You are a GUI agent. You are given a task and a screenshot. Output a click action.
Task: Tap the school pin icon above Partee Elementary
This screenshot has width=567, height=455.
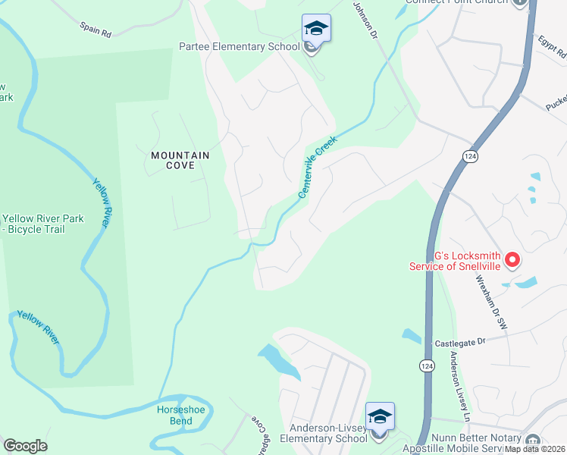316,30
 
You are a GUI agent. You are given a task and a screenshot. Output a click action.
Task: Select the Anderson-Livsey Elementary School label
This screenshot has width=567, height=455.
324,433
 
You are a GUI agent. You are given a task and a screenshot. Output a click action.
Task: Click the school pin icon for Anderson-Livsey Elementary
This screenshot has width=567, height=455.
380,417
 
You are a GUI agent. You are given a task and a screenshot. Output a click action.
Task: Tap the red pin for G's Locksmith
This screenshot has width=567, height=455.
512,260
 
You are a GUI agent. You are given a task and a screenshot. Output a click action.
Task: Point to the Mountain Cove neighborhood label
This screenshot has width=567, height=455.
180,160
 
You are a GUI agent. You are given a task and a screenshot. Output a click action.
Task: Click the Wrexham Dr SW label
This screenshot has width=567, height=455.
491,301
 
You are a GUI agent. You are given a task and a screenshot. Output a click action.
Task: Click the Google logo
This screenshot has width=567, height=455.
25,446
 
